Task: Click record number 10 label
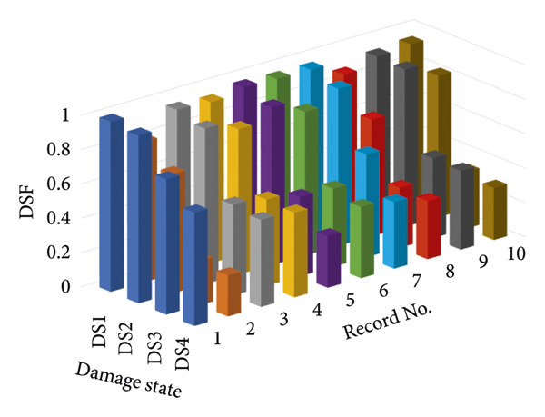(x=517, y=253)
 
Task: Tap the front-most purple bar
(x=328, y=258)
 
